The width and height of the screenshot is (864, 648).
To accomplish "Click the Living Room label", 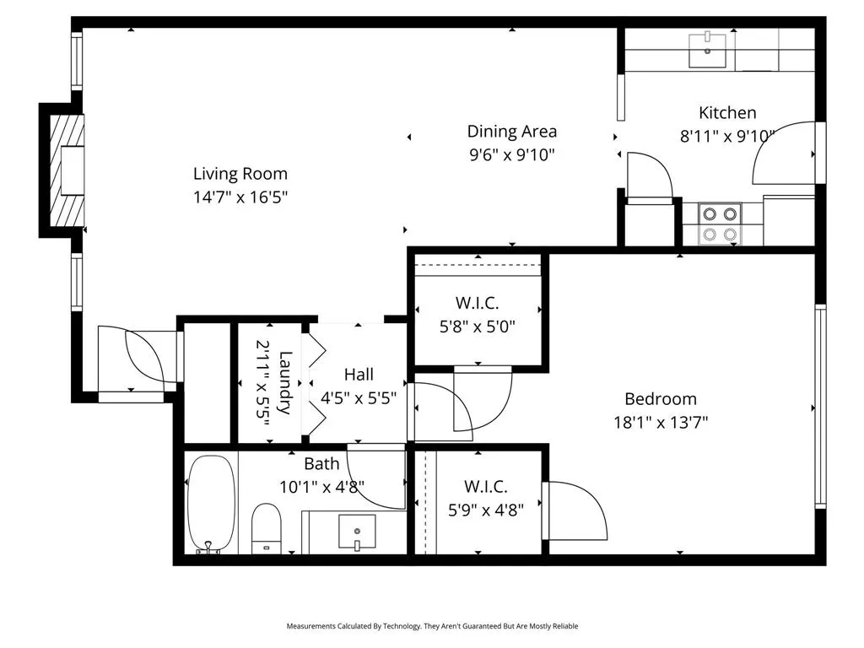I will pos(240,174).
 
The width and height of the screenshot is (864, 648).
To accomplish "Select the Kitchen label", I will pos(727,112).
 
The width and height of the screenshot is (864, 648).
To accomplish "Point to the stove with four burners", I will pos(721,224).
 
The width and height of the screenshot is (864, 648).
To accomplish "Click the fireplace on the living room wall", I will pos(67,171).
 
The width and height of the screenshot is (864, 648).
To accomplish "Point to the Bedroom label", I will pos(661,399).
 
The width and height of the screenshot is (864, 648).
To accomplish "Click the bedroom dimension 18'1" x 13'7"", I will pos(661,422).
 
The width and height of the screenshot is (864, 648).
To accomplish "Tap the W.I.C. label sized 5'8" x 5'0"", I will pos(478,302).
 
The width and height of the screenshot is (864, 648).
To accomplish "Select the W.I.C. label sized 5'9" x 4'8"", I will pos(485,487).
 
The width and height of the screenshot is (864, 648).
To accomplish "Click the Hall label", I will pos(359,375).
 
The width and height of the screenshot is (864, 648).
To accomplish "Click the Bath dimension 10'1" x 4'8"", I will pos(321,487).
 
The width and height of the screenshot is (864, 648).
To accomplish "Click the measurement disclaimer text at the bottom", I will pos(432,626).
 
